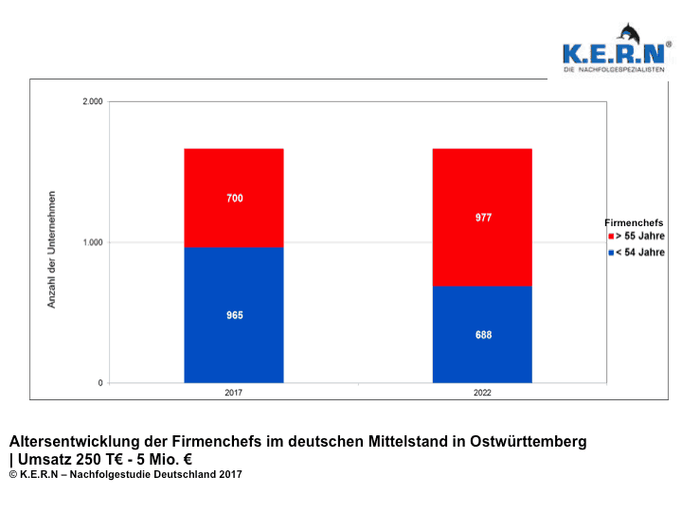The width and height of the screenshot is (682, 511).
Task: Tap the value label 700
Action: tap(235, 198)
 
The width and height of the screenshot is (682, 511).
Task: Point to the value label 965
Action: tap(235, 315)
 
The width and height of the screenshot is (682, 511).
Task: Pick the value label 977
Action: tap(483, 218)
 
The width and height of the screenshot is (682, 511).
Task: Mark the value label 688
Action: tap(483, 335)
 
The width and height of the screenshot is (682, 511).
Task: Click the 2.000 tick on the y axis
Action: tap(93, 101)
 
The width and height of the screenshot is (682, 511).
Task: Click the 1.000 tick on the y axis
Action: tap(93, 242)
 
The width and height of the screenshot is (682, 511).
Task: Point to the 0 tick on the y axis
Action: tap(100, 383)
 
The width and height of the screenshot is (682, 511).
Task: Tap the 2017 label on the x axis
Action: tap(234, 393)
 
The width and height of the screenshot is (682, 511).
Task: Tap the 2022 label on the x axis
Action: tap(482, 393)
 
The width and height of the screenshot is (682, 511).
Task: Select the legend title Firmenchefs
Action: tap(635, 222)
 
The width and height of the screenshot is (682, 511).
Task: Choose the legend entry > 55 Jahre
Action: tap(639, 236)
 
